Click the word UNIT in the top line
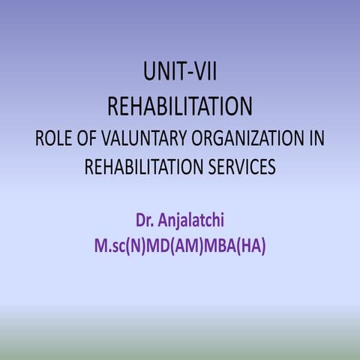click(x=160, y=73)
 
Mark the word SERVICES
click(x=238, y=168)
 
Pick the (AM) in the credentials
click(x=194, y=245)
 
